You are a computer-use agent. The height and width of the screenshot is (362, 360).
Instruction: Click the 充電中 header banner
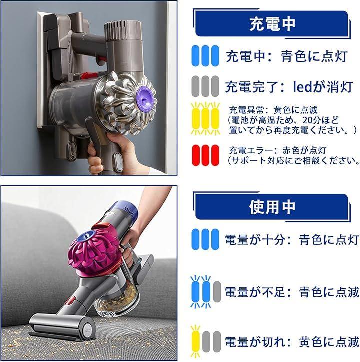pos(271,24)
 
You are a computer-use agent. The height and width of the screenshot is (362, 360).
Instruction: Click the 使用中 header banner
pos(271,207)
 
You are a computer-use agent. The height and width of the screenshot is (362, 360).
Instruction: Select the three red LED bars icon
pos(205,155)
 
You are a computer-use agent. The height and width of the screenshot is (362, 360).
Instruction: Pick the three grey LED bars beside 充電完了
pos(205,86)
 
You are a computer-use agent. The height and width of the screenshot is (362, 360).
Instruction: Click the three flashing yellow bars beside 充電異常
pos(205,119)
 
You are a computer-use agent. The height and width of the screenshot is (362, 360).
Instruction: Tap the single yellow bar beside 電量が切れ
pos(195,341)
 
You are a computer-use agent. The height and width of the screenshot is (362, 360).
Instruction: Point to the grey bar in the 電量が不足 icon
pos(217,292)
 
